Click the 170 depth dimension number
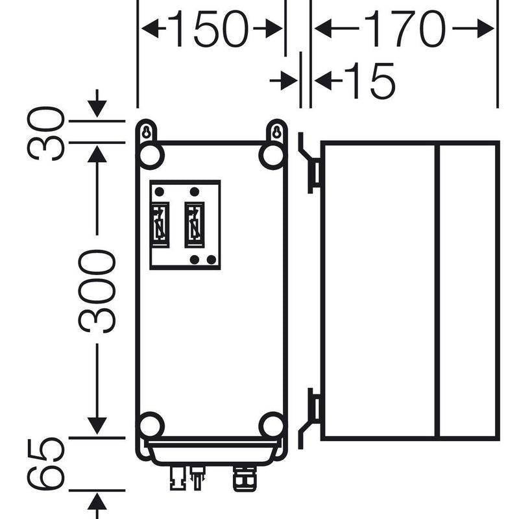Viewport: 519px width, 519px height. coord(405,29)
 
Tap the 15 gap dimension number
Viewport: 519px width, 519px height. coord(370,80)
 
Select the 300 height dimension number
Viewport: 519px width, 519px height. coord(97,291)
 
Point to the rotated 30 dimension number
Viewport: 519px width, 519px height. coord(45,134)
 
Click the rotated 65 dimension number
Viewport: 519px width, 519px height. coord(45,463)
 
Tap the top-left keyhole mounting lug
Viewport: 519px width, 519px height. coord(146,132)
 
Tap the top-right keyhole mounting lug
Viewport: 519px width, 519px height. coord(276,132)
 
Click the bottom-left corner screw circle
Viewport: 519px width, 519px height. coord(151,426)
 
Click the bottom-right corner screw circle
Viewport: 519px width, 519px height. coord(272,426)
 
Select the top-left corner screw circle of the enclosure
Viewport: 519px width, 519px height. coord(151,156)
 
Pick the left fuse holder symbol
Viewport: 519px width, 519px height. coord(160,224)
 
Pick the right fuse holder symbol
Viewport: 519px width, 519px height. coord(194,224)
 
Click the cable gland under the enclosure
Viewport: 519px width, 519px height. coord(245,477)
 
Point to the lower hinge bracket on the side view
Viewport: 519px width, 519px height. coord(310,418)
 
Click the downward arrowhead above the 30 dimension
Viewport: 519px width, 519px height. coord(97,109)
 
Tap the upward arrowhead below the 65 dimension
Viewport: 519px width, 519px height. coord(97,501)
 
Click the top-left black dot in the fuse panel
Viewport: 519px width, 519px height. coord(160,191)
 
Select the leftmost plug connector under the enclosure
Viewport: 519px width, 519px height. coord(177,477)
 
